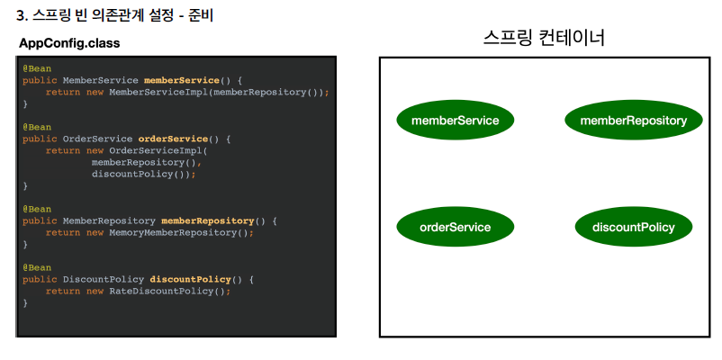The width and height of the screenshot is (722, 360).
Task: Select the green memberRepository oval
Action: [x=633, y=121]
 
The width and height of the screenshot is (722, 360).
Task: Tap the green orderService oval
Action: [x=455, y=227]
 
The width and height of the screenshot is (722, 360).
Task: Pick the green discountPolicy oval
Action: [x=633, y=227]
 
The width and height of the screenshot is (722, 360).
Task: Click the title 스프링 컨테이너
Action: [x=544, y=38]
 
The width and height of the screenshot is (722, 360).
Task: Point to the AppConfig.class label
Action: [x=69, y=43]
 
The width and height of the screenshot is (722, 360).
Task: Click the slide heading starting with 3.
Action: [x=115, y=15]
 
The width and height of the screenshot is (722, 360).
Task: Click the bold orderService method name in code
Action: [x=173, y=139]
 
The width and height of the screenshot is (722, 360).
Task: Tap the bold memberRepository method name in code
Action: [x=207, y=220]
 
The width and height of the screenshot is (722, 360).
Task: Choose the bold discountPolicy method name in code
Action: [x=190, y=279]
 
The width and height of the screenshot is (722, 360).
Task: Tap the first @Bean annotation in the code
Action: [x=37, y=68]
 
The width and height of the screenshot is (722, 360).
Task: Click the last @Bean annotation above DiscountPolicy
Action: [x=37, y=267]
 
